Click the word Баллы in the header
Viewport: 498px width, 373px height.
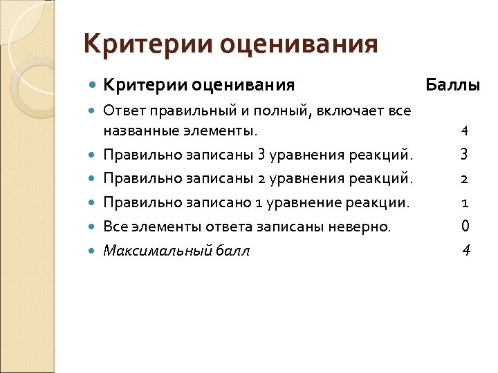pyautogui.click(x=453, y=86)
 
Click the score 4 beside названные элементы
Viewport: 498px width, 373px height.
pyautogui.click(x=465, y=131)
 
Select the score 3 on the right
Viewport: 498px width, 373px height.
pyautogui.click(x=465, y=154)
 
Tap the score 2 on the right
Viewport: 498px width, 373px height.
pyautogui.click(x=465, y=178)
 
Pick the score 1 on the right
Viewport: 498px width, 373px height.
pyautogui.click(x=465, y=202)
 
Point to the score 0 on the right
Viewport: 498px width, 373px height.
pyautogui.click(x=465, y=226)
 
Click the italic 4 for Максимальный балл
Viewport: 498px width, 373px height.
pyautogui.click(x=466, y=250)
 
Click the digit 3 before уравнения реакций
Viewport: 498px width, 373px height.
pyautogui.click(x=261, y=154)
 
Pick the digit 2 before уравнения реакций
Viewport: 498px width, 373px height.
pyautogui.click(x=260, y=178)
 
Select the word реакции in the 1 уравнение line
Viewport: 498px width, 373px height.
pyautogui.click(x=383, y=202)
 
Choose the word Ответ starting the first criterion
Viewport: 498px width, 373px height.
pyautogui.click(x=121, y=111)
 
